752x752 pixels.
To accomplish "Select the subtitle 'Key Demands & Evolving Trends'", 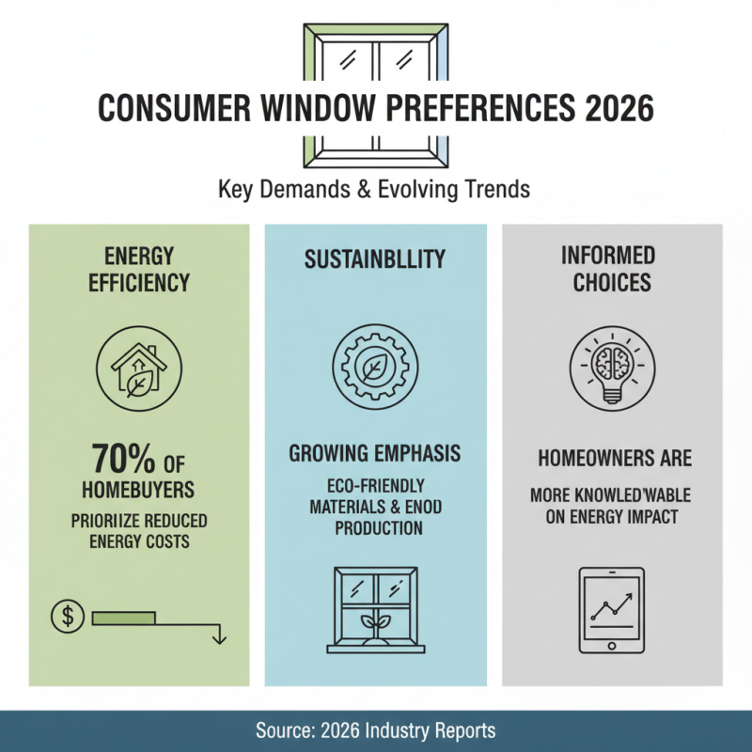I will [374, 188].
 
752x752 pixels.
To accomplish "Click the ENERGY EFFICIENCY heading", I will [139, 268].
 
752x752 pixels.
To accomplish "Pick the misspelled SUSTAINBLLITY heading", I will [375, 258].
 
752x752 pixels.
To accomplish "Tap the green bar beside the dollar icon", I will [124, 617].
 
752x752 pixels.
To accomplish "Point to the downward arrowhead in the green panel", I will [219, 638].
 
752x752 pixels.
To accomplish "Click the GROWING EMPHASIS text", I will [375, 454].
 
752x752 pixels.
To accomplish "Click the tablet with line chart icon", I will [613, 609].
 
